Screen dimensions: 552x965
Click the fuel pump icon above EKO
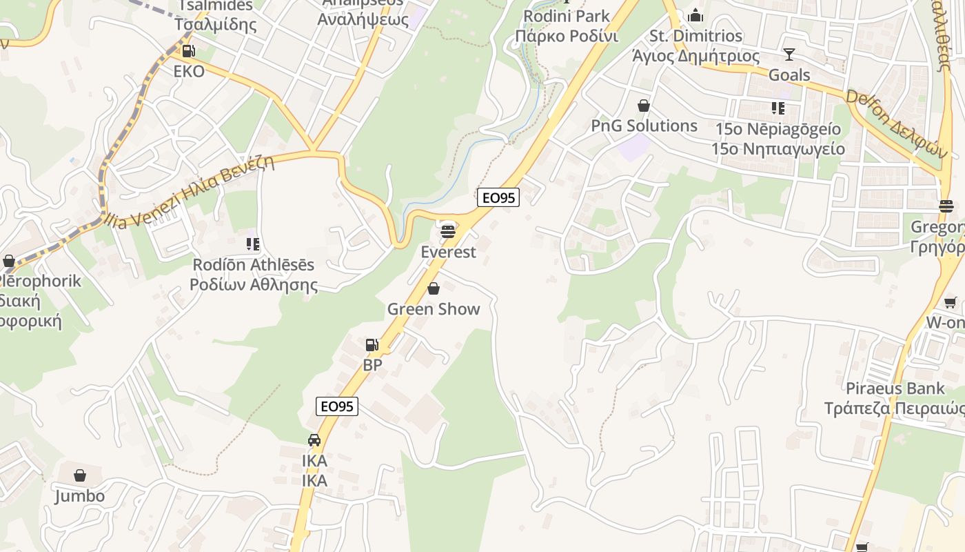pos(187,50)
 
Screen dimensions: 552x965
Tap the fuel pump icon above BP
pos(372,344)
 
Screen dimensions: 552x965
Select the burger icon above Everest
pos(448,231)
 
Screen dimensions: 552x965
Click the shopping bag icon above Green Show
pos(434,288)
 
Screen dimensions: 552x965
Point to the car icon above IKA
pos(314,440)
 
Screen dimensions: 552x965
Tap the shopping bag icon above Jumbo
pos(80,475)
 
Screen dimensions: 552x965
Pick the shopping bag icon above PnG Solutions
pos(644,106)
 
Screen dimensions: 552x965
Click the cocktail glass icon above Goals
pos(789,54)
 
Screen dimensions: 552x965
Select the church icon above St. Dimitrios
pos(696,15)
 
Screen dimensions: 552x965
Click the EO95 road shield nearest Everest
pos(498,197)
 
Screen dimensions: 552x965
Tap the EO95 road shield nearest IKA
pos(337,406)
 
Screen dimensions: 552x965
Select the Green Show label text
pos(434,309)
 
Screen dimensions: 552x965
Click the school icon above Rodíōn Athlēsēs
pos(253,244)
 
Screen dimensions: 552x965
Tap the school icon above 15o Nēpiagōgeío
pos(778,108)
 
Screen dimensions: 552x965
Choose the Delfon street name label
pos(894,124)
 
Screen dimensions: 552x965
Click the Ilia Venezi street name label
pos(190,191)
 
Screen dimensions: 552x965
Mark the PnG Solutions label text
pos(644,126)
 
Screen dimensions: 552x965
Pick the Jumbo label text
pos(80,496)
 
